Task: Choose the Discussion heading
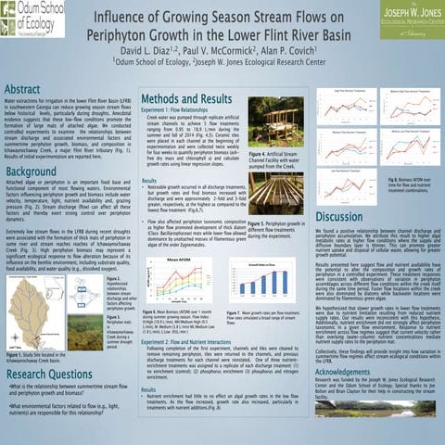click(343, 216)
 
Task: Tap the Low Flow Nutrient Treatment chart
click(341, 139)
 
